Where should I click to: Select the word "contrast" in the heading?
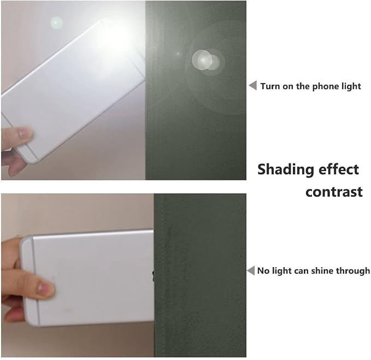click(x=334, y=192)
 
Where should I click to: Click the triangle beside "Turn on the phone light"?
click(x=253, y=85)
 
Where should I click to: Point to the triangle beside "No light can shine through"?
click(x=251, y=270)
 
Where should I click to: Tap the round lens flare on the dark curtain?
click(x=205, y=60)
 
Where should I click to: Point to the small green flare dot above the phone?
click(x=56, y=23)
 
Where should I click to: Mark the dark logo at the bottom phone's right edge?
click(x=153, y=276)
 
